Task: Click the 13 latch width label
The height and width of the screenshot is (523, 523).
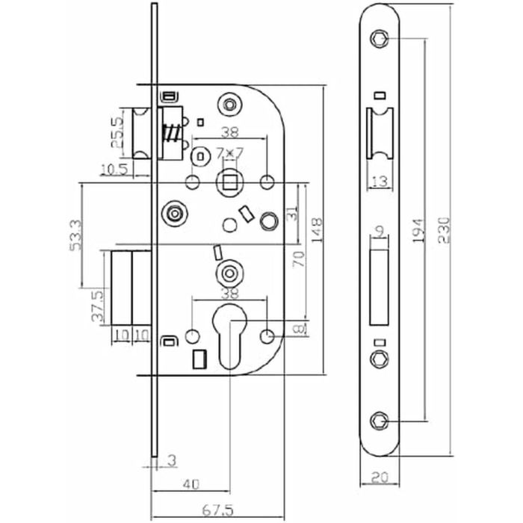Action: coord(380,180)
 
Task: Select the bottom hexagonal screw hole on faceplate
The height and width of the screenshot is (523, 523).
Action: coord(382,422)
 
